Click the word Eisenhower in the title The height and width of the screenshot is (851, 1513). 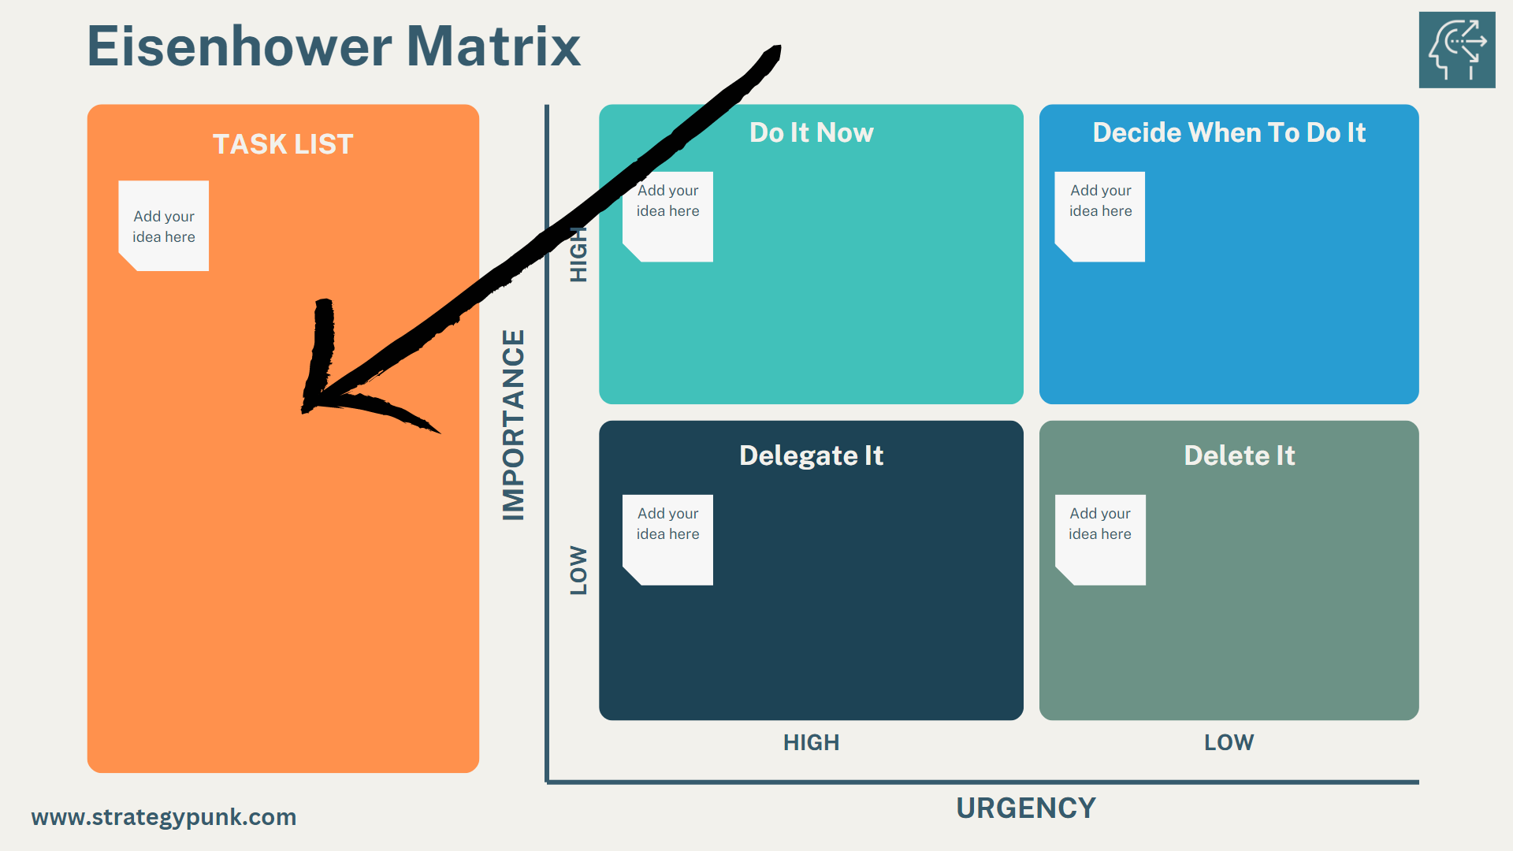coord(240,47)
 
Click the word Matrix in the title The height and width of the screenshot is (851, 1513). coord(493,47)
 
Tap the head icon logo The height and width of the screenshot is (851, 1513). coord(1456,50)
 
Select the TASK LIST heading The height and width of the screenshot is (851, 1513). coord(283,144)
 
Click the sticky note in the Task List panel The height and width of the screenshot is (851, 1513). coord(164,226)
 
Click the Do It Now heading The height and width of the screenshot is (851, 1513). coord(811,132)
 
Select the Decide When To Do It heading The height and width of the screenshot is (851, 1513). coord(1229,132)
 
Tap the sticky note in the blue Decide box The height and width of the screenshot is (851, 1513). coord(1100,217)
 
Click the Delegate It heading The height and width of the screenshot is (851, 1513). coord(811,455)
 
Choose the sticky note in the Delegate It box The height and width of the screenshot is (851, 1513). coord(667,540)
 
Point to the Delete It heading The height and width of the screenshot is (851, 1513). coord(1239,455)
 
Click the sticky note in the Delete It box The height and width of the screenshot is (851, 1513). coord(1100,540)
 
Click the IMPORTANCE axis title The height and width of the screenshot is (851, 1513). coord(514,425)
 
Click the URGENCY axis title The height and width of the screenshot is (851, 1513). coord(1025,808)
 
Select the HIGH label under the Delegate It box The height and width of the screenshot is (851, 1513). coord(811,742)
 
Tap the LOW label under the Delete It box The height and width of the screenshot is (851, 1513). coord(1229,742)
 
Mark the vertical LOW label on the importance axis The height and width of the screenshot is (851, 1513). coord(579,570)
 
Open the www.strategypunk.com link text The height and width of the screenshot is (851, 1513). coord(164,817)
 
